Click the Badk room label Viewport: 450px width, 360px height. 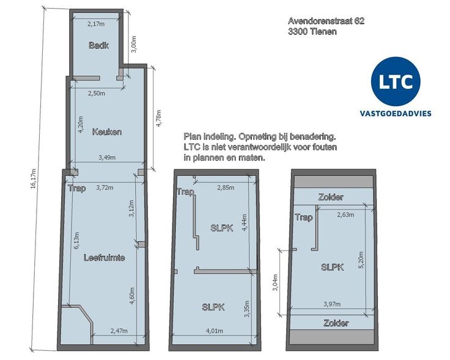[98, 45]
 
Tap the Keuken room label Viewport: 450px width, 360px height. [107, 132]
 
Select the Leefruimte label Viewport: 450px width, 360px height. [104, 257]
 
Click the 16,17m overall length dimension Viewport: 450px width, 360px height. [33, 178]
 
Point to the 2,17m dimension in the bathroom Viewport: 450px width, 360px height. [96, 24]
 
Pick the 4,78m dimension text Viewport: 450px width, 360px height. [158, 118]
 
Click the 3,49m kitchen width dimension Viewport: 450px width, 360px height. [107, 158]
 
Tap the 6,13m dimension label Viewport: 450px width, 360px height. [77, 240]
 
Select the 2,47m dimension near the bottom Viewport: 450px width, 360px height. [119, 331]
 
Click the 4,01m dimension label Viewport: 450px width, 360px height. [215, 331]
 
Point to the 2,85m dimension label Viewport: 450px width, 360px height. [226, 188]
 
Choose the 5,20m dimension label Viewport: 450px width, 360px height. [361, 260]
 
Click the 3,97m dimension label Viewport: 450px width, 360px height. [333, 304]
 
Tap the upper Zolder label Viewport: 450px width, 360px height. [331, 197]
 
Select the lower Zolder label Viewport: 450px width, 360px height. [336, 323]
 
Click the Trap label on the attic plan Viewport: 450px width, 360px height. [304, 218]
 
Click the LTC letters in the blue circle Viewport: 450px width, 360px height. [396, 81]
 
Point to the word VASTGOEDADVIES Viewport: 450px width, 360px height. [396, 114]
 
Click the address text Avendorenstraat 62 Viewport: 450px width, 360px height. [326, 21]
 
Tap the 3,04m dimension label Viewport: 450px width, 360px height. [275, 282]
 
